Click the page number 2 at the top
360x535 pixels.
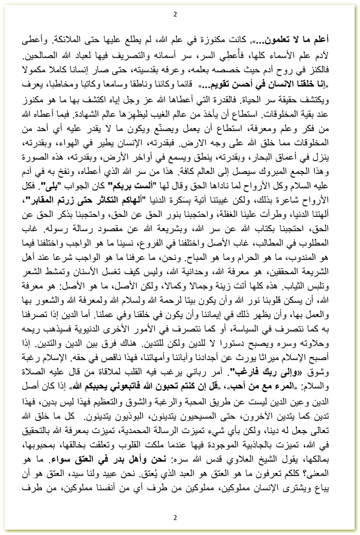click(175, 14)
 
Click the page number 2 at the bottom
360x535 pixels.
click(175, 518)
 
